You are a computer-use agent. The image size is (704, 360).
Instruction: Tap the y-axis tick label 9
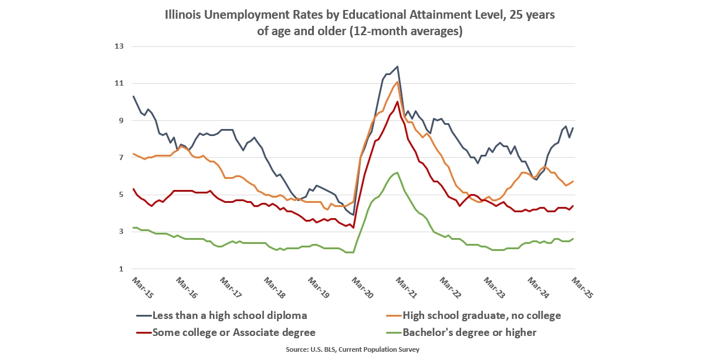(120, 120)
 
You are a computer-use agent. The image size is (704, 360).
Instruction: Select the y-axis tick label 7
(120, 158)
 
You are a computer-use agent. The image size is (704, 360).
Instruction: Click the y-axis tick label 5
(120, 195)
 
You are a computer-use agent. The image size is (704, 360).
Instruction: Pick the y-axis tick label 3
(120, 232)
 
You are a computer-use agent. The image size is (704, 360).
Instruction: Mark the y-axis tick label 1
(120, 269)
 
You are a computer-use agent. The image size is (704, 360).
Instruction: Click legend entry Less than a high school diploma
(229, 315)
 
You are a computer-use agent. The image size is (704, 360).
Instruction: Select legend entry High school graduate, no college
(482, 315)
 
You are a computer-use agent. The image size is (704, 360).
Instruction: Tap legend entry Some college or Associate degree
(233, 332)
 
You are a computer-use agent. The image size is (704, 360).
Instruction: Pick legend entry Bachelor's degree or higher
(469, 332)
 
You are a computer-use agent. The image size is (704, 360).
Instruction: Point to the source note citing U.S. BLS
(352, 349)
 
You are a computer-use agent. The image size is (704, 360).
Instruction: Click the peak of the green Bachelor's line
(397, 172)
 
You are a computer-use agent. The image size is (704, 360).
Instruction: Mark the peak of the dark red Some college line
(397, 102)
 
